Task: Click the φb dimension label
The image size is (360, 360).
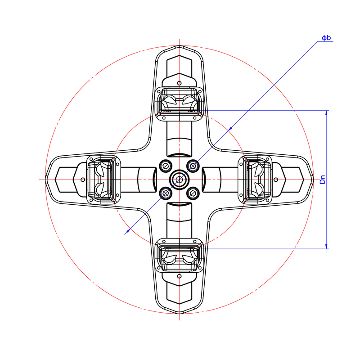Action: [326, 38]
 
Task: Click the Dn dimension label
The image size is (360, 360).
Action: [323, 180]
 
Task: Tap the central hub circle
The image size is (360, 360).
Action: [179, 180]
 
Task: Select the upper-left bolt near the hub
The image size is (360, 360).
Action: [165, 166]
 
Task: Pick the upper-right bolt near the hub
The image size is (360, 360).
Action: [193, 166]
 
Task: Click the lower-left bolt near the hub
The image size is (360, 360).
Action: [165, 193]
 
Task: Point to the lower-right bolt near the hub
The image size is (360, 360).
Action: [193, 193]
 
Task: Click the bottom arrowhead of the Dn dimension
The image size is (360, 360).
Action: [326, 246]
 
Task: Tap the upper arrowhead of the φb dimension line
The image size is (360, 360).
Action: [230, 129]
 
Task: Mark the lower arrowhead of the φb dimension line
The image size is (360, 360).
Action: [128, 230]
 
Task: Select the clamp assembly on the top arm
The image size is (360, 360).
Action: [179, 104]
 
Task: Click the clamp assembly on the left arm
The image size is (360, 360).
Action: [103, 180]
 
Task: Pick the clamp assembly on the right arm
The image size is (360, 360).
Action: [255, 180]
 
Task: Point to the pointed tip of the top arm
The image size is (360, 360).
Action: [179, 46]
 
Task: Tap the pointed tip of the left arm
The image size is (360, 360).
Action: [45, 180]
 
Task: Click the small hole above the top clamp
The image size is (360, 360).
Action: [179, 83]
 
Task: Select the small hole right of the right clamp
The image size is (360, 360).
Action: [276, 180]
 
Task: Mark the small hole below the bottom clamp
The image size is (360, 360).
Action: [179, 276]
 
